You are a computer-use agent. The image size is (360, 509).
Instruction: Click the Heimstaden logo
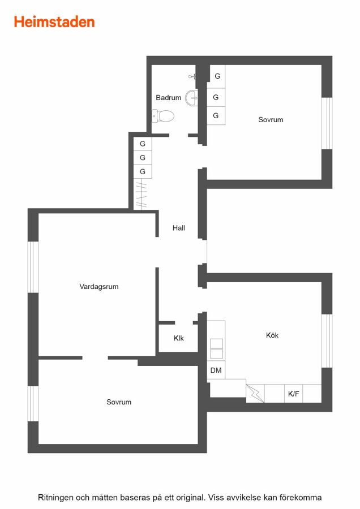click(54, 22)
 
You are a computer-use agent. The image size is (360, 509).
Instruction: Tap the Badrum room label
click(168, 97)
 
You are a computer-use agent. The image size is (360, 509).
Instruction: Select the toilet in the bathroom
click(163, 116)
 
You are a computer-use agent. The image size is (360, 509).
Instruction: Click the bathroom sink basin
click(191, 97)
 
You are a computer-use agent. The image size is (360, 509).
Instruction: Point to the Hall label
click(179, 228)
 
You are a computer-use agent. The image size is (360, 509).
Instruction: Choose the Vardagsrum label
click(98, 287)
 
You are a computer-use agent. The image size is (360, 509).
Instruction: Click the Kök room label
click(272, 335)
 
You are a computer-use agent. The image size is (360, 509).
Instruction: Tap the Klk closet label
click(179, 338)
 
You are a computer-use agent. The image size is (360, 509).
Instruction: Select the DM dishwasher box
click(216, 370)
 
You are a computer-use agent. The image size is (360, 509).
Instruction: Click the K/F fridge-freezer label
click(293, 394)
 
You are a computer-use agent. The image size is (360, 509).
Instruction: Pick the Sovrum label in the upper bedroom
click(271, 120)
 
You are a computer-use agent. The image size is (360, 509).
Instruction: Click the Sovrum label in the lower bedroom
click(119, 402)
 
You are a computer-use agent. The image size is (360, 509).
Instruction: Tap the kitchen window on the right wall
click(327, 341)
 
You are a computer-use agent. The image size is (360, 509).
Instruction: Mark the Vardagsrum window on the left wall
click(33, 267)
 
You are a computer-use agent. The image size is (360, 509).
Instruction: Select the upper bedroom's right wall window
click(327, 123)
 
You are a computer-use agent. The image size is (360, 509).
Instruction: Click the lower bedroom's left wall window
click(33, 403)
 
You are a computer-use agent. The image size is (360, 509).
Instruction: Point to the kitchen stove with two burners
click(216, 348)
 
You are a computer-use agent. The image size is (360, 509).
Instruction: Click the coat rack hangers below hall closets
click(141, 194)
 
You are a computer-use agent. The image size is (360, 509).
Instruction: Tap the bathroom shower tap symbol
click(192, 76)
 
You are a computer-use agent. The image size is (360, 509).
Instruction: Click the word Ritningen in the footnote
click(55, 498)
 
